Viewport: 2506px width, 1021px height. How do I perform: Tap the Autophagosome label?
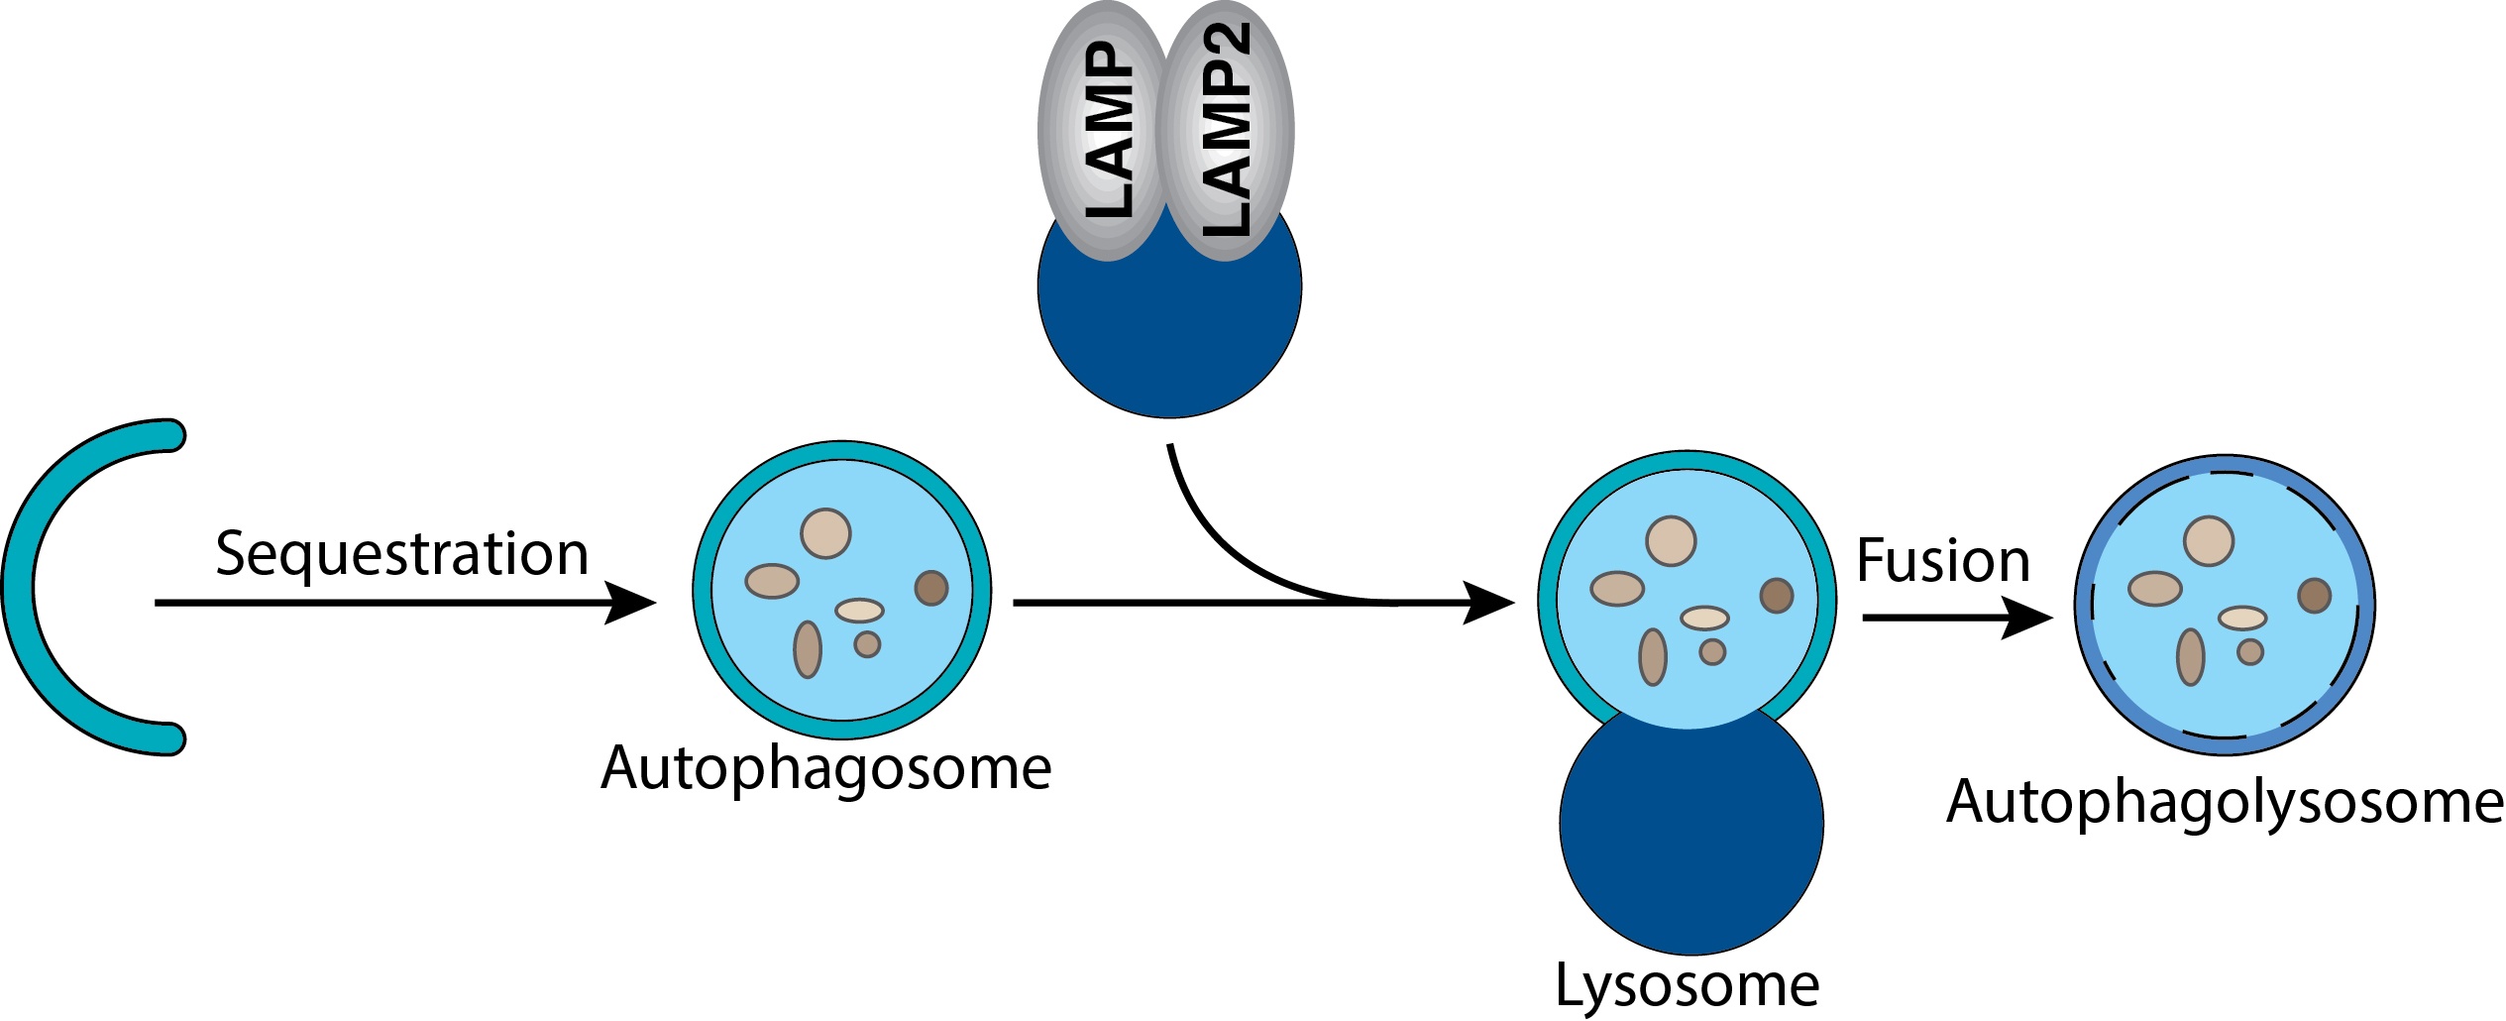[825, 768]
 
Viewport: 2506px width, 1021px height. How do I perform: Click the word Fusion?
[1942, 560]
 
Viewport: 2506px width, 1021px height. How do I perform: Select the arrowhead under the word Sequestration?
[630, 603]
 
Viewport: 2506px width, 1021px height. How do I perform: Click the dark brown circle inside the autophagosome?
[931, 588]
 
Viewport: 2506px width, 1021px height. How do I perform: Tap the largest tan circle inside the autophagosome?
[825, 533]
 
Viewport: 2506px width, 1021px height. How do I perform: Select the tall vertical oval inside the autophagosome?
[808, 649]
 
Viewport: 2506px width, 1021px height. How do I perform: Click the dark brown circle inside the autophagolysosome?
[2314, 596]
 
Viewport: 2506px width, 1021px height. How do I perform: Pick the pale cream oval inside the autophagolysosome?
[2241, 619]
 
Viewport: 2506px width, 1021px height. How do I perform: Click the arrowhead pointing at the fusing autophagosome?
[1488, 603]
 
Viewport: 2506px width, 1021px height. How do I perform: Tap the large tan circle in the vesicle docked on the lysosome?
[1671, 541]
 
